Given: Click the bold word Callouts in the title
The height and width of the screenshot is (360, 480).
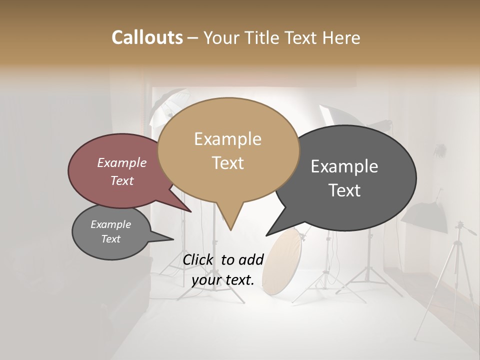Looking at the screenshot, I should click(x=147, y=37).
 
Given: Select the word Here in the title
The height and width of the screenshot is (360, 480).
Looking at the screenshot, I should click(x=342, y=37).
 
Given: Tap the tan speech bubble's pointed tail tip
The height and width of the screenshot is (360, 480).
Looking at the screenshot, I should click(x=230, y=230).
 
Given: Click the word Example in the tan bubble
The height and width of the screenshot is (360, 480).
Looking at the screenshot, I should click(x=227, y=139).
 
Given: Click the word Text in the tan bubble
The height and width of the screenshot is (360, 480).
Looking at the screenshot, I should click(x=227, y=163).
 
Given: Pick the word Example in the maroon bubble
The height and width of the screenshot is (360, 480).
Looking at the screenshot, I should click(x=122, y=162).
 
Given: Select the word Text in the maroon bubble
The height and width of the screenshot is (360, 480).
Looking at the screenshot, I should click(x=122, y=180).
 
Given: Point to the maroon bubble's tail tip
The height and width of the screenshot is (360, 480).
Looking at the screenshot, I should click(x=191, y=212).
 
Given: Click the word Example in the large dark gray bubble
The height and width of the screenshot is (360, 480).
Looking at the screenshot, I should click(x=344, y=166).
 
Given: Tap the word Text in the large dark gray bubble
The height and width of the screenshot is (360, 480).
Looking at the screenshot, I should click(x=344, y=190).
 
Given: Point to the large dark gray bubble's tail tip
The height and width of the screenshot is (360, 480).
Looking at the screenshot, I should click(x=266, y=235).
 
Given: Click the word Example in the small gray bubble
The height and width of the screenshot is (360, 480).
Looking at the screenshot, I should click(x=111, y=224).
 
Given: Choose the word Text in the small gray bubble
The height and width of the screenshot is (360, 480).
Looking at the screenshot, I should click(x=111, y=239).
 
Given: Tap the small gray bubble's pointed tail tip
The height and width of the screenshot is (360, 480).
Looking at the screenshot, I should click(x=173, y=239).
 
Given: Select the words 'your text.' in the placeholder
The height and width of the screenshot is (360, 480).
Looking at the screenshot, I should click(x=223, y=280).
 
